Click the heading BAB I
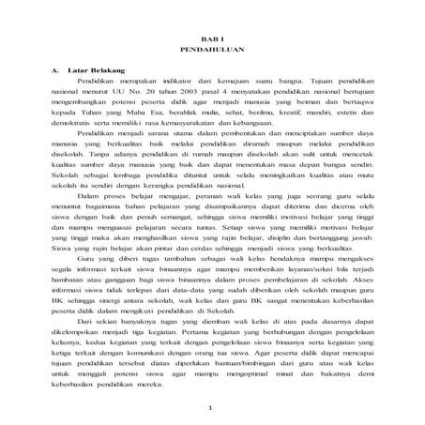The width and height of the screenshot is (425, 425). pyautogui.click(x=212, y=33)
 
